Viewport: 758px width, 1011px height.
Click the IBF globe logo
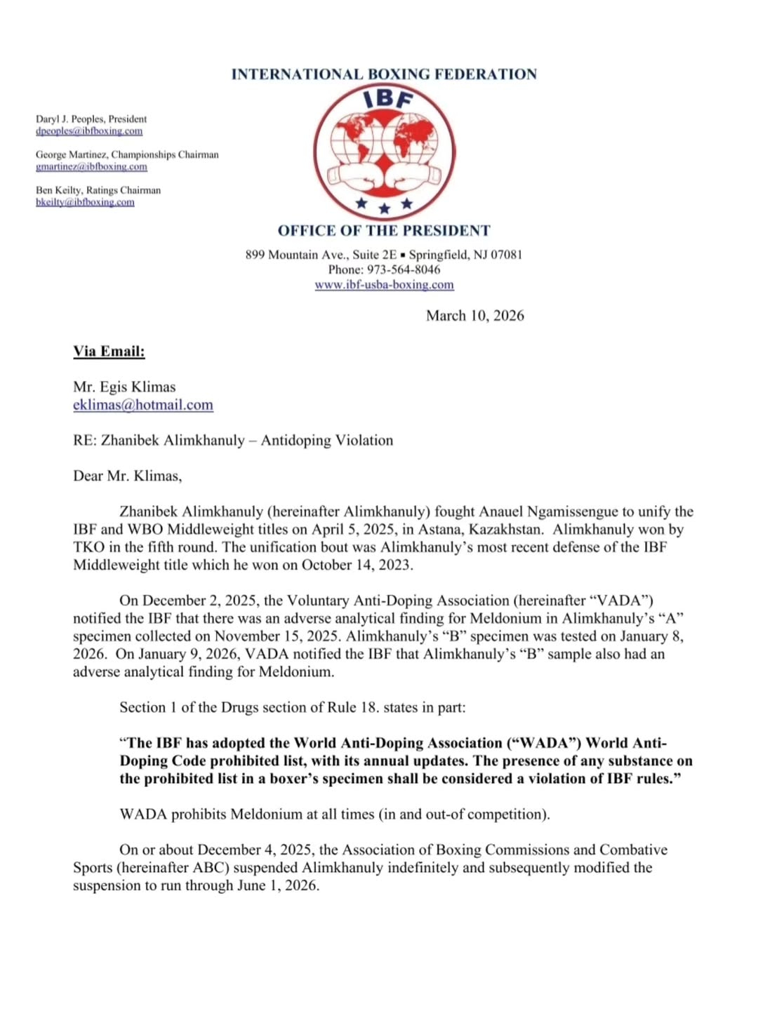(x=384, y=152)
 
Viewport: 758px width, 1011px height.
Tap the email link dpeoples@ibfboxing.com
(x=89, y=131)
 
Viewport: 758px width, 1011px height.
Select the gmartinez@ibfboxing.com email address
(x=91, y=167)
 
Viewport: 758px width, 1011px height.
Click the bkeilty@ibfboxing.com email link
(x=85, y=203)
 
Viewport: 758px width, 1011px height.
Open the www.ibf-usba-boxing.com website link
(x=384, y=285)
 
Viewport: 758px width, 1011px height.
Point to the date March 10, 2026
(x=474, y=316)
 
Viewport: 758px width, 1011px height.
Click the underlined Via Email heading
(x=109, y=351)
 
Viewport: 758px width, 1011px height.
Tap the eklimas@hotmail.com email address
(x=143, y=405)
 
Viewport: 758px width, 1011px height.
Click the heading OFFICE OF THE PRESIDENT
(x=384, y=231)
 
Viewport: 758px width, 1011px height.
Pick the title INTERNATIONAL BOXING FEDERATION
(x=384, y=74)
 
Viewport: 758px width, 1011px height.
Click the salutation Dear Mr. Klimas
(x=127, y=476)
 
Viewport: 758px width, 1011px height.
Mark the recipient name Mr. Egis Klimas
(x=124, y=387)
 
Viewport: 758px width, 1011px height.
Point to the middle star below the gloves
(x=384, y=208)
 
